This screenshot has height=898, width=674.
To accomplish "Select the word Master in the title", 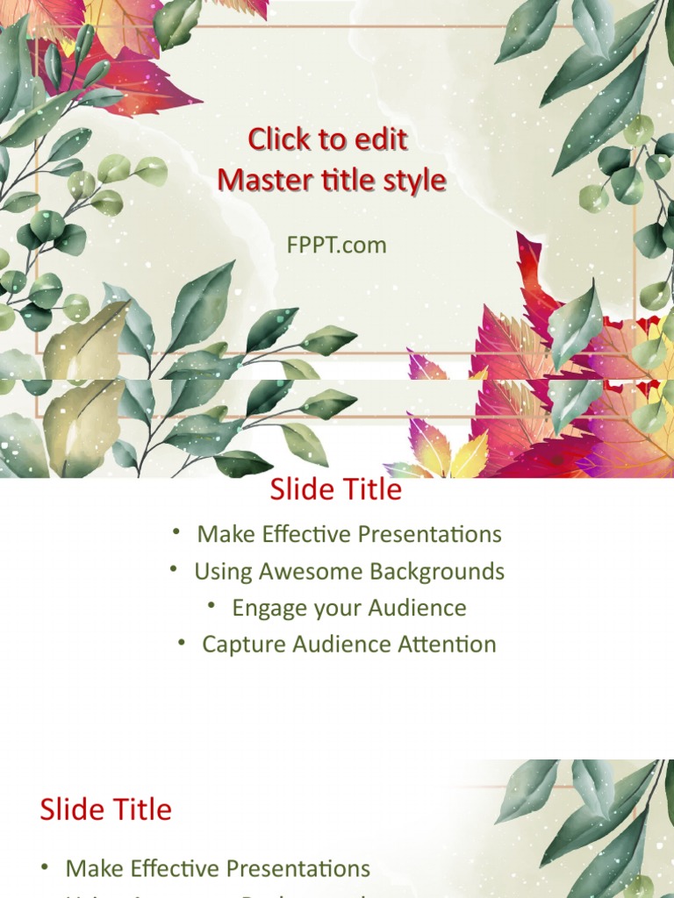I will tap(260, 181).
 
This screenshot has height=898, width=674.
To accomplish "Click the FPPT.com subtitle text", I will tap(336, 245).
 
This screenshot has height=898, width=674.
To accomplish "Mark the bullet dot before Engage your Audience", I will tap(212, 604).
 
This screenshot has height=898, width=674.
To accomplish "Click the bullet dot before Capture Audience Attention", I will tap(182, 641).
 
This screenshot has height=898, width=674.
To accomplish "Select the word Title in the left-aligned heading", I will tap(138, 809).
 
